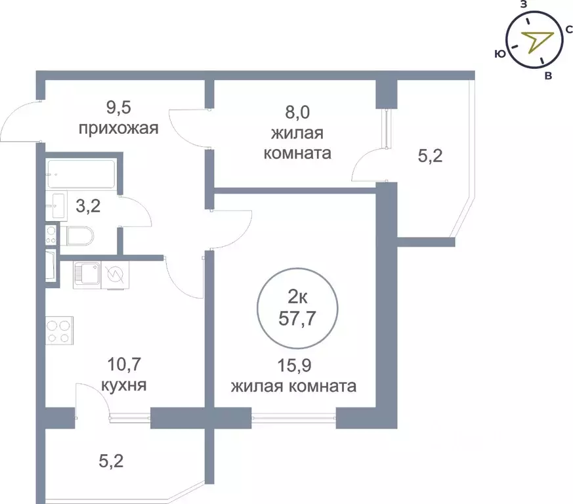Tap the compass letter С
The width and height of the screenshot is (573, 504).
pyautogui.click(x=569, y=30)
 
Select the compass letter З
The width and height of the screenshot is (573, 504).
pyautogui.click(x=523, y=5)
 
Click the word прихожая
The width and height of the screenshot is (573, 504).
pyautogui.click(x=119, y=128)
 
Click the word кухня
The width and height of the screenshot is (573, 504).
pyautogui.click(x=124, y=385)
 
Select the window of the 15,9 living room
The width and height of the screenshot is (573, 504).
pyautogui.click(x=293, y=415)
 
